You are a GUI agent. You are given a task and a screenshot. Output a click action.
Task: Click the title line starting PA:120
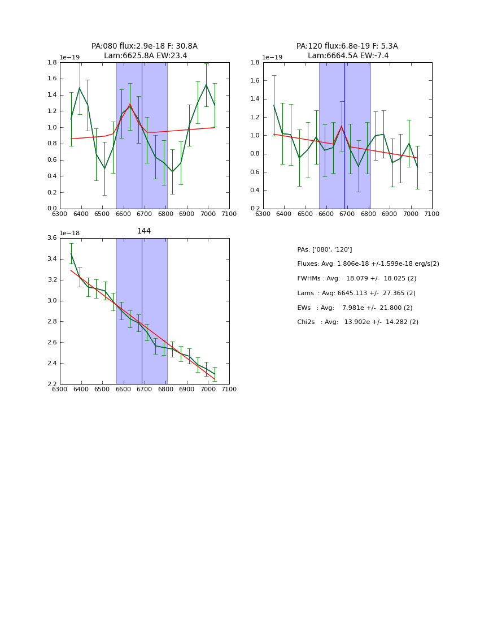click(x=347, y=46)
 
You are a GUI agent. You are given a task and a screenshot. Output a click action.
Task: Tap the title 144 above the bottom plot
click(x=144, y=231)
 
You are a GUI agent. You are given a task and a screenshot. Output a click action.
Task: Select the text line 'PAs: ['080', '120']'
click(x=325, y=249)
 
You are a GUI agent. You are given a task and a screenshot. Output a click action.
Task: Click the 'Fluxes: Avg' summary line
click(x=368, y=264)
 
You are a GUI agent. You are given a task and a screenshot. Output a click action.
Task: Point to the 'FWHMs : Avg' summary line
click(x=357, y=279)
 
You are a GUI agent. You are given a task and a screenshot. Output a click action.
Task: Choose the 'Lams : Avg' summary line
click(x=356, y=293)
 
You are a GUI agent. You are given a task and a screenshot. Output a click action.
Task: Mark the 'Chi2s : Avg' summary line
click(x=358, y=322)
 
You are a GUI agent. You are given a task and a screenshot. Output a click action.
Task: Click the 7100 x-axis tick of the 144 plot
click(x=229, y=389)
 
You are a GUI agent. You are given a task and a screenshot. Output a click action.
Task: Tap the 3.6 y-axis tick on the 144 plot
click(x=51, y=238)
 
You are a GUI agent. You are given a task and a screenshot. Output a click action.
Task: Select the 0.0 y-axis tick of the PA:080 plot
click(x=51, y=209)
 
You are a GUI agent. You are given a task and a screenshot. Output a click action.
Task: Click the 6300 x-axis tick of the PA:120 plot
click(x=263, y=214)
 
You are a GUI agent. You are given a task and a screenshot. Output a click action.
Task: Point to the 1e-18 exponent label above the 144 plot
click(x=69, y=233)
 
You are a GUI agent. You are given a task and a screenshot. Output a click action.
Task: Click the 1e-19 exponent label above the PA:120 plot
click(x=273, y=57)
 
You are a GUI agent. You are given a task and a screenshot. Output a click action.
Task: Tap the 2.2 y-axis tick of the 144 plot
click(x=51, y=385)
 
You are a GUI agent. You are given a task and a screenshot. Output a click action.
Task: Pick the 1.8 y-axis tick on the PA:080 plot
click(x=51, y=62)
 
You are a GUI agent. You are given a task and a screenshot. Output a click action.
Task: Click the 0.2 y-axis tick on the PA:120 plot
click(x=255, y=209)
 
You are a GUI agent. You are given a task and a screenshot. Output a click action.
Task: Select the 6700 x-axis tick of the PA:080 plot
click(x=145, y=214)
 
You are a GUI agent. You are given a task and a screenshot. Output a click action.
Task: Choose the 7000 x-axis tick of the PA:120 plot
click(x=411, y=214)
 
